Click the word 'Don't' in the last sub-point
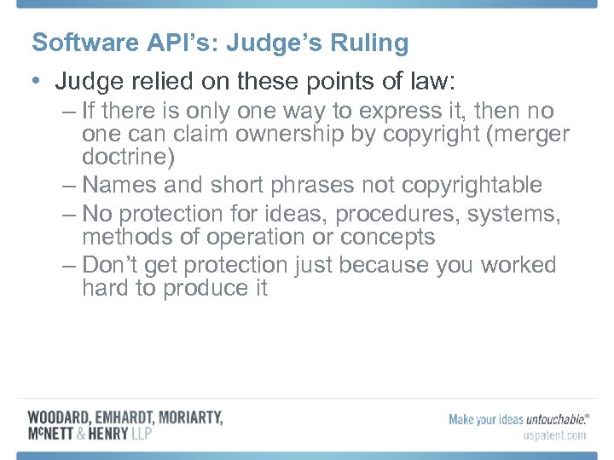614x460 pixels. pos(112,266)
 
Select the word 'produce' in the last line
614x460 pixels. pos(199,289)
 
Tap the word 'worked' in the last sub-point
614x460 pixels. pos(518,266)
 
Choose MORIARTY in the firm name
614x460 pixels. pos(188,417)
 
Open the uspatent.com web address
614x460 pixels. pos(553,435)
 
